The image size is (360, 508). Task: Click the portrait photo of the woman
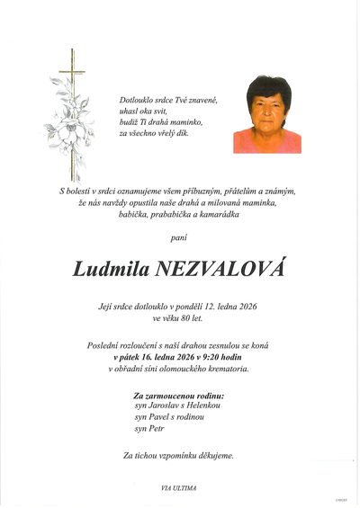[266, 114]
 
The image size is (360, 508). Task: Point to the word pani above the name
[180, 238]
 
